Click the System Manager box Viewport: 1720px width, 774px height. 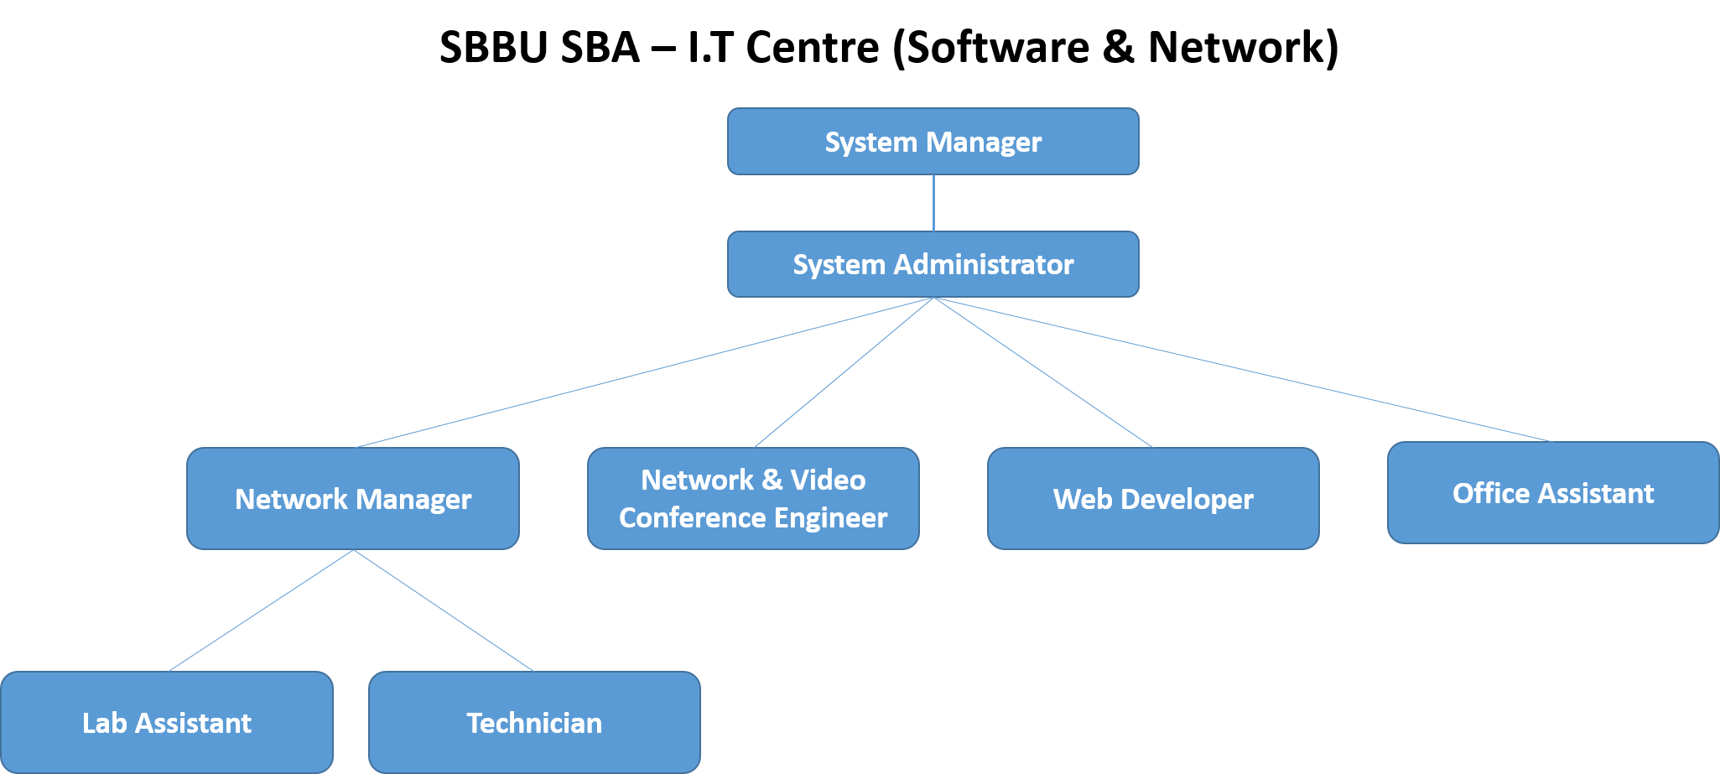(x=933, y=142)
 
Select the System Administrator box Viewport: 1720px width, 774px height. (x=933, y=264)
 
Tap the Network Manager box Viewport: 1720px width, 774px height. (x=352, y=499)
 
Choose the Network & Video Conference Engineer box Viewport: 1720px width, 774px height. (x=753, y=499)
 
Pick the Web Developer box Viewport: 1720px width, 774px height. (x=1153, y=499)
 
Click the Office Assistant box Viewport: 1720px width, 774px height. (x=1553, y=493)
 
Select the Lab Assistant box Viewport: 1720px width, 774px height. (x=167, y=722)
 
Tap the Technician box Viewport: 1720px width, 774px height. (x=534, y=722)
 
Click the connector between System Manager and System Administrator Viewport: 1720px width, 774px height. (x=933, y=203)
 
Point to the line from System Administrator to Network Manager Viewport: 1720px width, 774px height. (x=644, y=372)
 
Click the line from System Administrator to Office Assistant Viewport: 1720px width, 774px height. (x=1241, y=369)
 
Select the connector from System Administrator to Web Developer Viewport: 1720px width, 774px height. (x=1043, y=372)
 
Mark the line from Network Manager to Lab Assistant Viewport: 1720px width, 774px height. (x=261, y=610)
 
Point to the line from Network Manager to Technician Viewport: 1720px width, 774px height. (x=444, y=610)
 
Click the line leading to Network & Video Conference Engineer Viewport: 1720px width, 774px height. (x=844, y=372)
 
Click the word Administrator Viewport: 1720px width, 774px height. (x=984, y=265)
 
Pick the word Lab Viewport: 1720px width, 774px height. (x=104, y=723)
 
